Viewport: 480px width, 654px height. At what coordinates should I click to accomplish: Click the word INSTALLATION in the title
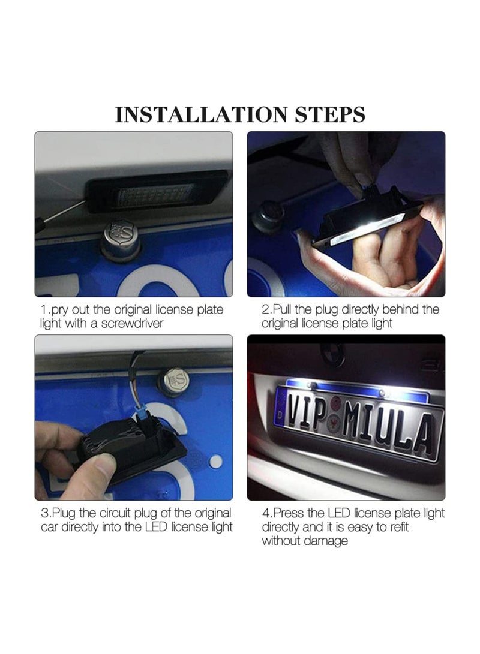201,115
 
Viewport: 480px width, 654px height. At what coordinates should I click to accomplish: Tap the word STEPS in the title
330,115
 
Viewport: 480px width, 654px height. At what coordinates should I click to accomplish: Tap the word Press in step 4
289,513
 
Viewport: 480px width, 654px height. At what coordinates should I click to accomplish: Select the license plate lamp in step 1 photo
156,192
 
